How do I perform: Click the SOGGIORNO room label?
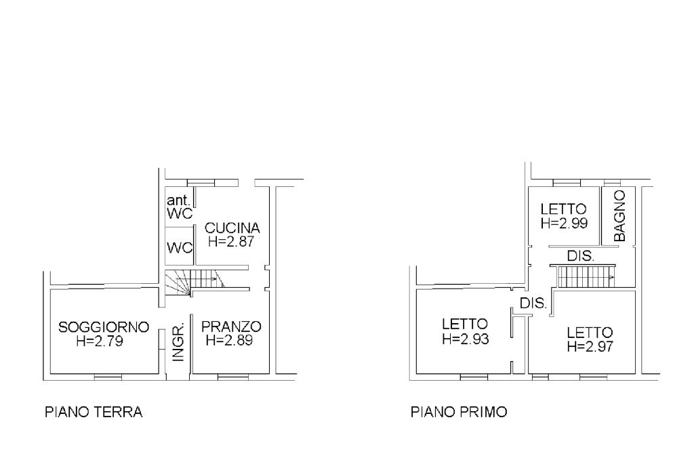104,327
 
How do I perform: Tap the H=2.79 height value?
100,341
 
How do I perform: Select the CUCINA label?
232,228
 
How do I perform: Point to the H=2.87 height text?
232,241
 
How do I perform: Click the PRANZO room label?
231,327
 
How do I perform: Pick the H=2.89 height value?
229,341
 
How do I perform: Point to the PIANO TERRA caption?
93,412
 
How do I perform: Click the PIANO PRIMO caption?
459,412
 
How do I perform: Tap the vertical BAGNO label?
620,216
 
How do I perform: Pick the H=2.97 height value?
590,346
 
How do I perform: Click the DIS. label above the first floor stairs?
580,257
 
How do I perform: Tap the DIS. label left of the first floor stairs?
533,304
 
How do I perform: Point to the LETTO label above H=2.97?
590,333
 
